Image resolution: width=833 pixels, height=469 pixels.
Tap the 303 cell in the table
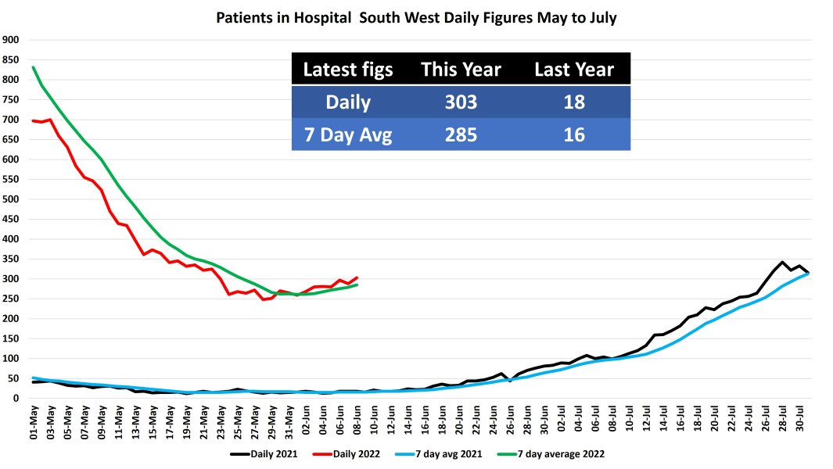tap(460, 102)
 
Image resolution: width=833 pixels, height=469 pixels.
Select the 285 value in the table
tap(460, 134)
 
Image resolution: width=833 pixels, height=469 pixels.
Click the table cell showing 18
tap(573, 102)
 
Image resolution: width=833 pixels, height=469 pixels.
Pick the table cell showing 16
tap(573, 134)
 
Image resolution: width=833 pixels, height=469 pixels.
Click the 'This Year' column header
tap(460, 70)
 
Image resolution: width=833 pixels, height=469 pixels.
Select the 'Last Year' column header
tap(573, 70)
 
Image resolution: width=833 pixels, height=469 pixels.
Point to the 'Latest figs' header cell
tap(348, 70)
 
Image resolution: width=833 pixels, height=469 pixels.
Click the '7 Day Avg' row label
tap(348, 134)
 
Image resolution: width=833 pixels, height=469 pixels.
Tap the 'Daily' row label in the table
tap(348, 102)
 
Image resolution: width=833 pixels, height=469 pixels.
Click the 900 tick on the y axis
tap(11, 40)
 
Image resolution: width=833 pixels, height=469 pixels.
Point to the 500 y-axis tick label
tap(11, 199)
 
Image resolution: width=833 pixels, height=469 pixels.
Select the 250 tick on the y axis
tap(11, 299)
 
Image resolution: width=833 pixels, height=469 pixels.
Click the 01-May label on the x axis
tap(34, 423)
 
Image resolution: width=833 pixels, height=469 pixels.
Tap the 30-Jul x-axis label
tap(799, 423)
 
